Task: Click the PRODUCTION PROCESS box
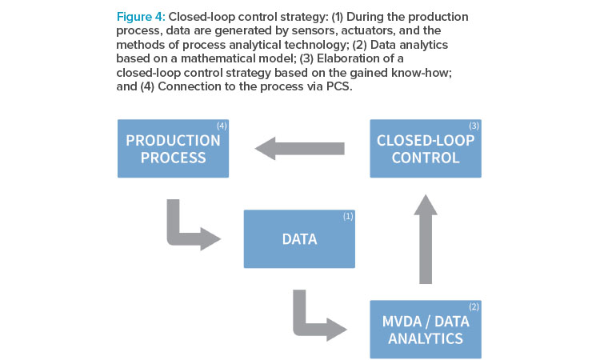173,149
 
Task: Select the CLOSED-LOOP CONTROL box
426,149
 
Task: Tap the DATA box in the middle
299,238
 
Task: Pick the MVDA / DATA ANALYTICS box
426,330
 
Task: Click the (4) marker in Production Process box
222,126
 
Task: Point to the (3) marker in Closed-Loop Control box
474,126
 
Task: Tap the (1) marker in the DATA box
348,216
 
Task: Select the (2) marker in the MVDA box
474,306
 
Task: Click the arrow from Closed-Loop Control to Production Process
300,149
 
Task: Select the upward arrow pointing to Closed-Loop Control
426,239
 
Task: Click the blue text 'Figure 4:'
141,17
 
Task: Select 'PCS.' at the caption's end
339,86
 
